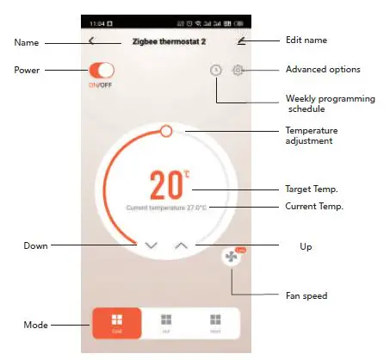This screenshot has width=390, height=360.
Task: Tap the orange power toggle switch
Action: pos(102,70)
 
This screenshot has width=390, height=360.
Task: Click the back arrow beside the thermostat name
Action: pos(92,40)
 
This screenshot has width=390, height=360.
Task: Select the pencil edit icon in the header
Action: pos(242,40)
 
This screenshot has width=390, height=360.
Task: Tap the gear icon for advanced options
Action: pos(238,69)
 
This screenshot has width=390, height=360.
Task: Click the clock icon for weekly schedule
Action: pos(216,70)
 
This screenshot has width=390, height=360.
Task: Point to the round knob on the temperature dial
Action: pos(166,130)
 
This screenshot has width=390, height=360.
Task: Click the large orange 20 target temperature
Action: pos(166,184)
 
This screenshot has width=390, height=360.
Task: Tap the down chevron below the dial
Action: pos(152,245)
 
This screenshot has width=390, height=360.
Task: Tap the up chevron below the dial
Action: pos(181,245)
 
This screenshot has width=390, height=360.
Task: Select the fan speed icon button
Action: pos(231,258)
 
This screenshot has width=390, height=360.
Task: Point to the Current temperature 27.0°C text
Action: pos(166,208)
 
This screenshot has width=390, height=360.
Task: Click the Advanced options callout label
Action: pos(322,69)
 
